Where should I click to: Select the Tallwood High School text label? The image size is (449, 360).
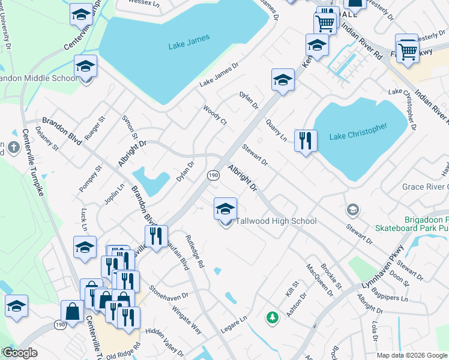pos(276,221)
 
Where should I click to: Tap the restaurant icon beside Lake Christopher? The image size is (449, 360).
pos(306,141)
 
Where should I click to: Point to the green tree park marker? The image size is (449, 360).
pos(273,316)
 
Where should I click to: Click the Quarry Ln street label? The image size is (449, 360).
pos(277,130)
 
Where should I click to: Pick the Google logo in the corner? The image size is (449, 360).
pos(19,352)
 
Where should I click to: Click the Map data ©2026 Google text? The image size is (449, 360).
pos(412,355)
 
